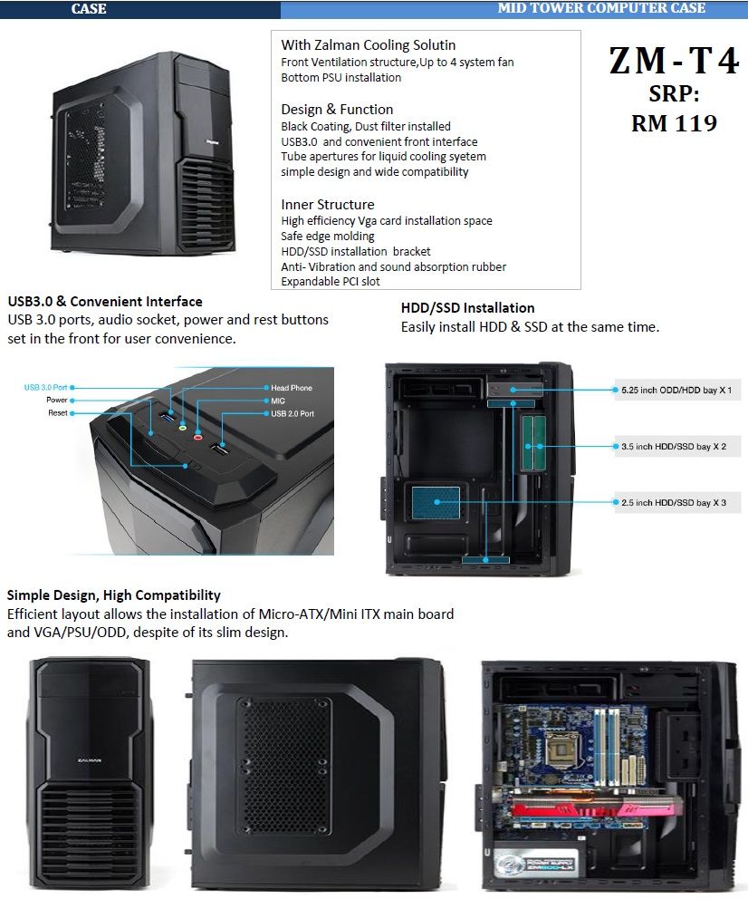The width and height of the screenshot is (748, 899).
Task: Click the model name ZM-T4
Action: pyautogui.click(x=674, y=61)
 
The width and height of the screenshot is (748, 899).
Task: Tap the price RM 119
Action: pyautogui.click(x=674, y=123)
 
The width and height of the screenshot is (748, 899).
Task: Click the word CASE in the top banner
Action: pyautogui.click(x=89, y=9)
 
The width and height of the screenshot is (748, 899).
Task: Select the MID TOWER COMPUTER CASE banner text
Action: pyautogui.click(x=601, y=8)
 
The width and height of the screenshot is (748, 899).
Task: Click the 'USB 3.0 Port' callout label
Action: pyautogui.click(x=46, y=387)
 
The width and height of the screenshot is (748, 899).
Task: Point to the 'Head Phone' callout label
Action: pyautogui.click(x=291, y=388)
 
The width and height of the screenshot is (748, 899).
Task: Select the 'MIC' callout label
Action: pyautogui.click(x=278, y=400)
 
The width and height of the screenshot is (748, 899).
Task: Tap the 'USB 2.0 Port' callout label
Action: pyautogui.click(x=292, y=413)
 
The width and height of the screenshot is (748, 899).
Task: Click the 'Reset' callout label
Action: pyautogui.click(x=58, y=413)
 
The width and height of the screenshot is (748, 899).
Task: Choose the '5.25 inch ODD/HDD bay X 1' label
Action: pyautogui.click(x=676, y=391)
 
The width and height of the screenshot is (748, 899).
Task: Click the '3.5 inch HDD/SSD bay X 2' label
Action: pyautogui.click(x=675, y=446)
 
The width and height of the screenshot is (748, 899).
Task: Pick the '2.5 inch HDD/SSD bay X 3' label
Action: pyautogui.click(x=674, y=502)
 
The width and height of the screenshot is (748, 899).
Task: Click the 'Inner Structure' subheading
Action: pyautogui.click(x=327, y=204)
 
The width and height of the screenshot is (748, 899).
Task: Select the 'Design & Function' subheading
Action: pyautogui.click(x=337, y=109)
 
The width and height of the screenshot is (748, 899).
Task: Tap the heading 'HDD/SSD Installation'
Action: pyautogui.click(x=467, y=308)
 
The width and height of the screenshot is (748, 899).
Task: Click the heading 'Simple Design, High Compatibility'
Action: pyautogui.click(x=114, y=595)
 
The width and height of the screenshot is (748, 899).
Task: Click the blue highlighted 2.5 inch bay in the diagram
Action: pyautogui.click(x=436, y=501)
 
